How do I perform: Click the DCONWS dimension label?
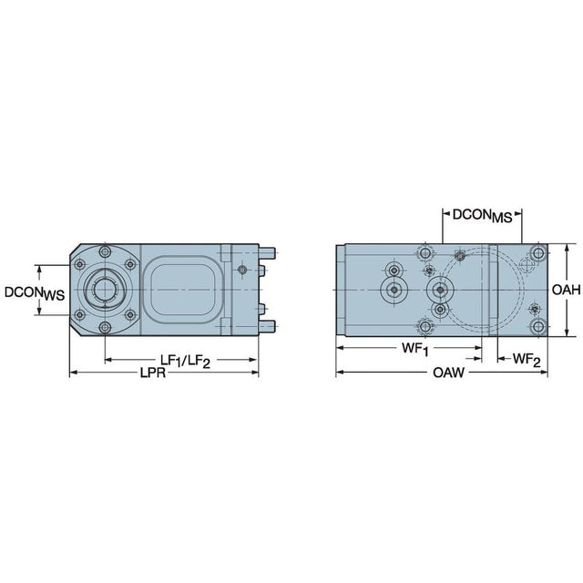coord(35,293)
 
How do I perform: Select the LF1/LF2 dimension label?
coord(185,361)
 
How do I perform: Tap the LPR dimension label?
coord(152,373)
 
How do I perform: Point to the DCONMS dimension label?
coord(482,216)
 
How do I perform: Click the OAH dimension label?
coord(566,290)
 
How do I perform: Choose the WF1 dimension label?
coord(415,349)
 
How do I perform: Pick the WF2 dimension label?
coord(527,360)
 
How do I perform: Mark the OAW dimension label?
coord(448,373)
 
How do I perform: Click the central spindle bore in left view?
coord(106,290)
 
